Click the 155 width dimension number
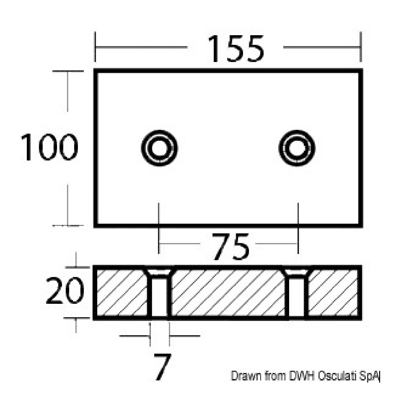236,49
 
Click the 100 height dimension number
49,147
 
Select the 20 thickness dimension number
65,290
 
